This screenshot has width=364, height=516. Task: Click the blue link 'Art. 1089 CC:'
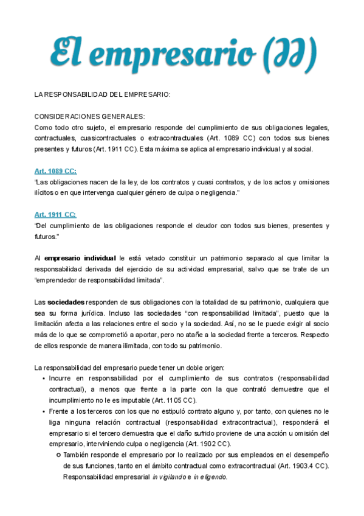(55, 171)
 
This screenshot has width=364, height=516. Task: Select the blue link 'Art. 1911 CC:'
(55, 214)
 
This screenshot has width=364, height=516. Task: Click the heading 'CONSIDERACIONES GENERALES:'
(89, 116)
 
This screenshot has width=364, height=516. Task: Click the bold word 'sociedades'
(66, 302)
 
